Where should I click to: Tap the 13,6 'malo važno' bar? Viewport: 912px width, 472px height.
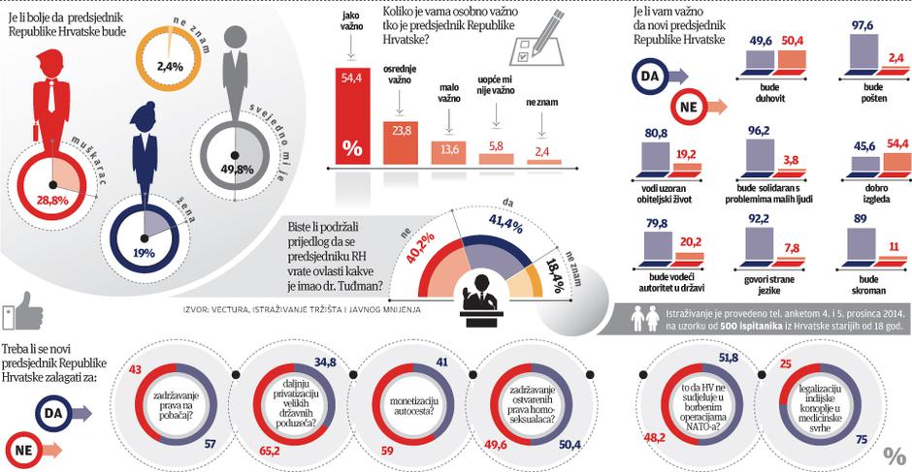447,152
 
